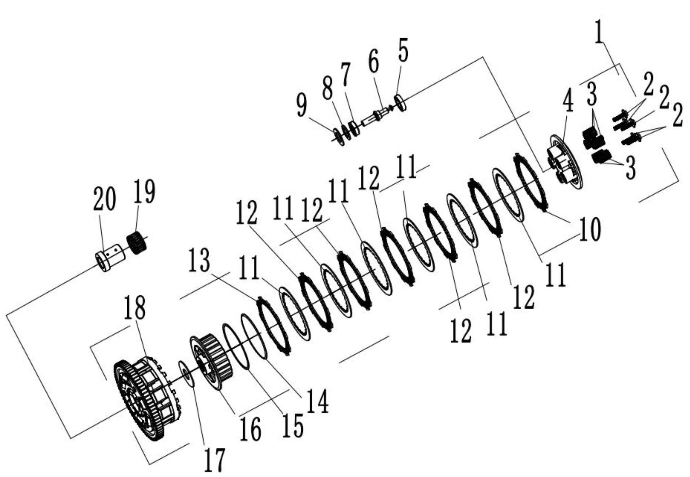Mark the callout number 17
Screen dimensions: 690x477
click(215, 461)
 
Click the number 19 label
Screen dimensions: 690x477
click(144, 193)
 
